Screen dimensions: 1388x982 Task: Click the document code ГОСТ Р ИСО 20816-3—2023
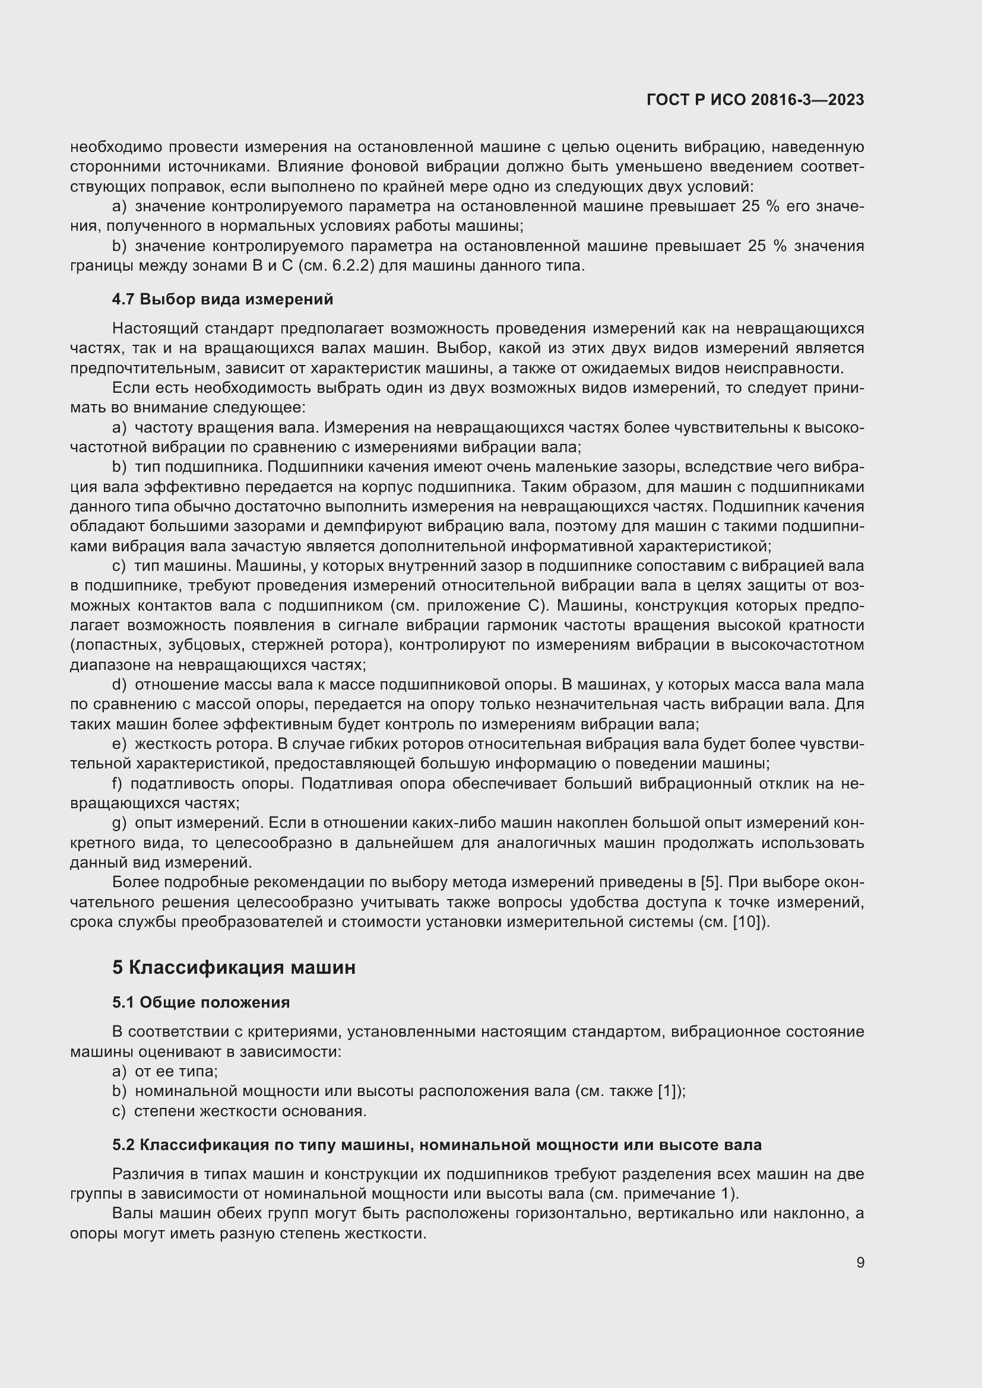click(x=755, y=100)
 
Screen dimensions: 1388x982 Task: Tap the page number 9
click(x=860, y=1262)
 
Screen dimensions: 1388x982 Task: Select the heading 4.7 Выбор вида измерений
click(x=222, y=299)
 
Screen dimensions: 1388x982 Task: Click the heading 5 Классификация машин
click(x=233, y=967)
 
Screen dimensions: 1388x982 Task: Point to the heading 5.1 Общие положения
click(x=201, y=1002)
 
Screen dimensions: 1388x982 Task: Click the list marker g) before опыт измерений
click(x=119, y=824)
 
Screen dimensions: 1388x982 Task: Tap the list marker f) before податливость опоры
click(x=118, y=784)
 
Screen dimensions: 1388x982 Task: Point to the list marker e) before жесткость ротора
click(x=119, y=744)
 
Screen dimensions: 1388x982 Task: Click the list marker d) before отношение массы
click(x=119, y=685)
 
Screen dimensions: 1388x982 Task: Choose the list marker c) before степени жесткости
click(x=119, y=1111)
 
